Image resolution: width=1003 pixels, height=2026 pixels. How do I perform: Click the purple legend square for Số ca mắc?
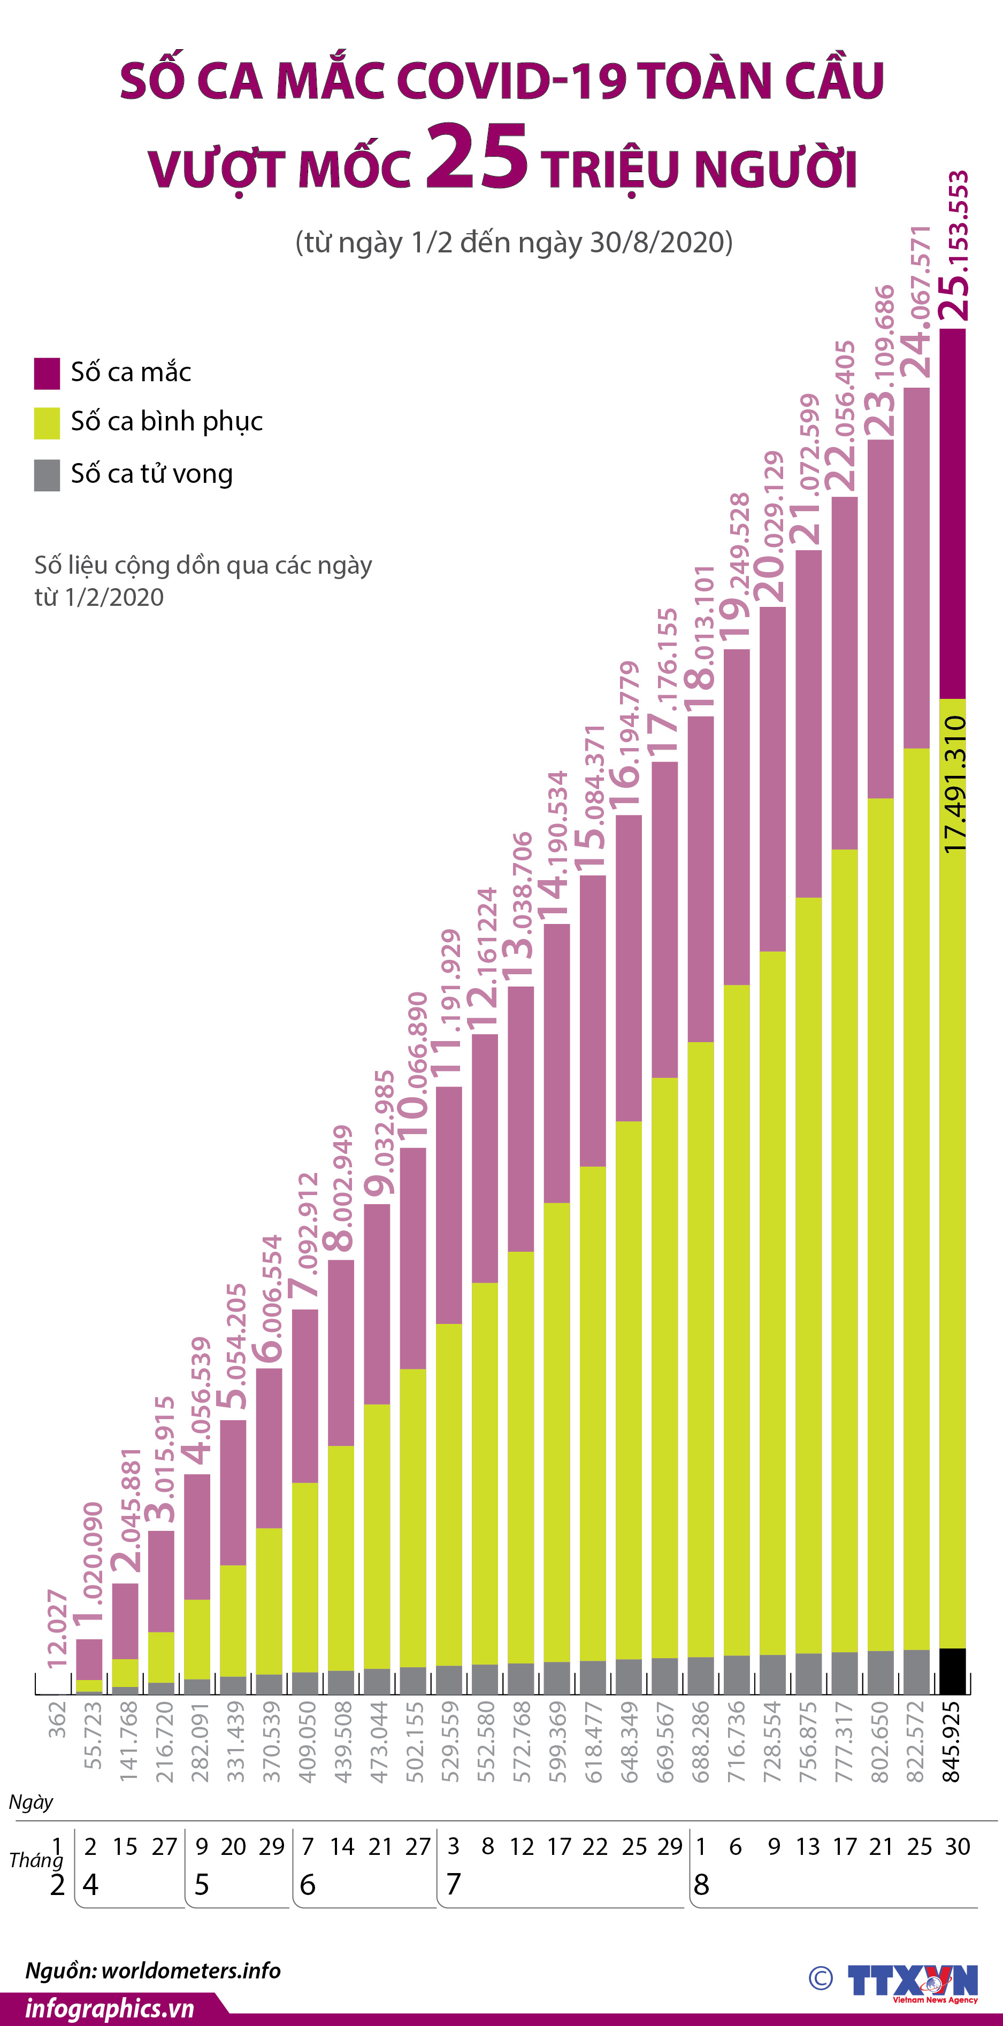tap(47, 373)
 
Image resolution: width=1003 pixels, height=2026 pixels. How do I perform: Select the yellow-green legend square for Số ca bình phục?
tap(47, 422)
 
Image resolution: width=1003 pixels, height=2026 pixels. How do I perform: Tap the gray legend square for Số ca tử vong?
tap(47, 475)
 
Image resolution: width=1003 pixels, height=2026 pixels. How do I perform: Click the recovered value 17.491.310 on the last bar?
tap(953, 783)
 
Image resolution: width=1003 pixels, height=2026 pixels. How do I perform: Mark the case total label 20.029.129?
tap(772, 527)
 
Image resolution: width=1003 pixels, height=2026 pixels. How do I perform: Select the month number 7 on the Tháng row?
tap(453, 1884)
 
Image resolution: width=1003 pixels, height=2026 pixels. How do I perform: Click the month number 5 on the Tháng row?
tap(201, 1884)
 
